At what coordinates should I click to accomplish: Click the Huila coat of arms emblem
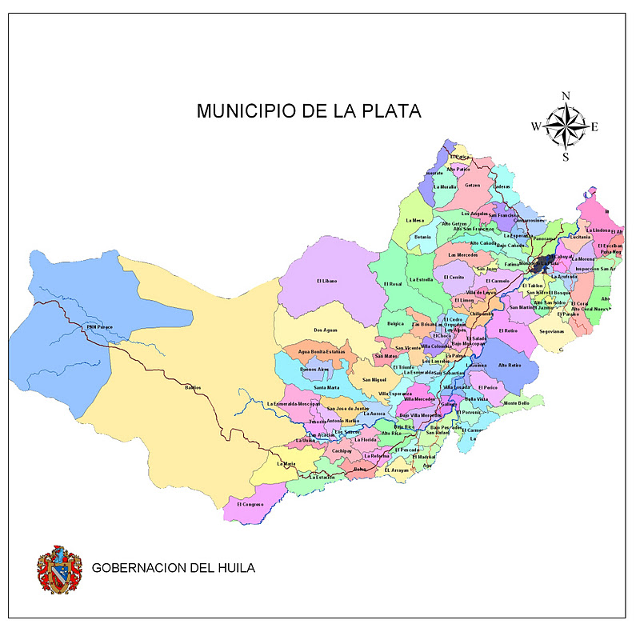click(x=59, y=570)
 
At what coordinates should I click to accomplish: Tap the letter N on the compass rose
click(x=566, y=96)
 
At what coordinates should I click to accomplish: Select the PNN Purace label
click(x=102, y=326)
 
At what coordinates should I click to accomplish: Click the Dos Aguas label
click(x=325, y=330)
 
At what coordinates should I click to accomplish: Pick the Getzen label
click(x=472, y=185)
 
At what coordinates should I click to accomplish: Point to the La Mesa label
click(x=414, y=220)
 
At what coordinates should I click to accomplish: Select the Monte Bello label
click(x=516, y=403)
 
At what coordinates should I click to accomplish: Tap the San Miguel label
click(x=374, y=379)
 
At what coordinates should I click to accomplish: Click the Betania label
click(x=422, y=237)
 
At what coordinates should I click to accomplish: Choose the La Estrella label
click(x=421, y=279)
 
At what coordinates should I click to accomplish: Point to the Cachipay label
click(x=342, y=451)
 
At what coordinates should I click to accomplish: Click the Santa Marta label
click(x=326, y=387)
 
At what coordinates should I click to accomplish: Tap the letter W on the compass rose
click(x=536, y=126)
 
